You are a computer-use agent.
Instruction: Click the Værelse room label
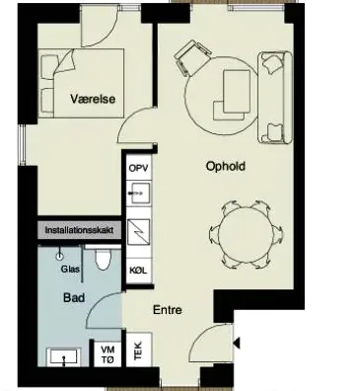[x=93, y=99]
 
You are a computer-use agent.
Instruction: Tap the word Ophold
[x=226, y=166]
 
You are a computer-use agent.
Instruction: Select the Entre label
[x=168, y=310]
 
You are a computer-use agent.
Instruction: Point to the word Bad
[x=74, y=298]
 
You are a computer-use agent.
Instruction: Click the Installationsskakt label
[x=79, y=230]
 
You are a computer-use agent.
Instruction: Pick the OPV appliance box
[x=139, y=168]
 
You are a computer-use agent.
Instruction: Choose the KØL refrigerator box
[x=138, y=271]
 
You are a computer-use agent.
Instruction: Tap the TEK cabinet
[x=139, y=350]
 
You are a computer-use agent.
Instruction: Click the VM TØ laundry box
[x=108, y=354]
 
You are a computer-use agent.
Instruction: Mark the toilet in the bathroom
[x=104, y=259]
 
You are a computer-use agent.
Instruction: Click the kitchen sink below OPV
[x=139, y=193]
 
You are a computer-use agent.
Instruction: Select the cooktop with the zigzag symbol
[x=139, y=232]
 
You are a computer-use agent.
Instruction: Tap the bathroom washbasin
[x=63, y=357]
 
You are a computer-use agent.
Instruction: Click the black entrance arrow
[x=237, y=343]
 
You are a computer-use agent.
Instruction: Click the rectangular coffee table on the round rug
[x=237, y=92]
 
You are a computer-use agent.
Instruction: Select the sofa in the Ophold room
[x=275, y=98]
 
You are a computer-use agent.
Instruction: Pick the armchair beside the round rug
[x=192, y=57]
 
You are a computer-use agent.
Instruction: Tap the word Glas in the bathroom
[x=70, y=270]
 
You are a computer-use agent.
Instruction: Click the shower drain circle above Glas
[x=60, y=256]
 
